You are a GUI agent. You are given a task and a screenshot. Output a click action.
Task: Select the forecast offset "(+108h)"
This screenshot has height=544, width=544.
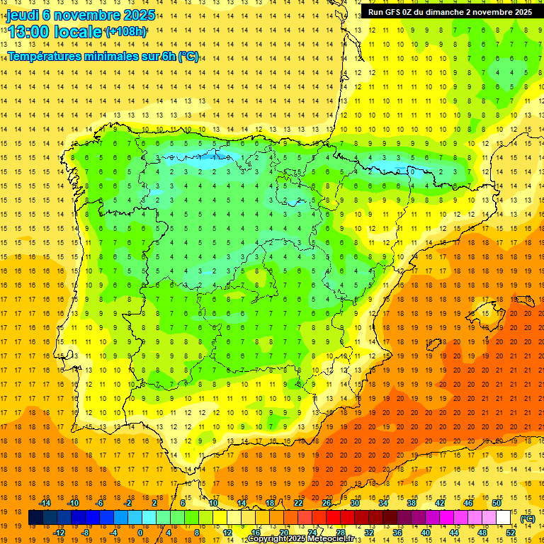pyautogui.click(x=125, y=32)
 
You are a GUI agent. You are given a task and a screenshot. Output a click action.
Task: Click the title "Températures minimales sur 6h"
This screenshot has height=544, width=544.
pyautogui.click(x=92, y=57)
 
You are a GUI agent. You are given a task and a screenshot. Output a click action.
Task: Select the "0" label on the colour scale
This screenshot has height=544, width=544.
pyautogui.click(x=140, y=533)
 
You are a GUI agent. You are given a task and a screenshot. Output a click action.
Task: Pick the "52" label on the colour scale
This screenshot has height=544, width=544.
pyautogui.click(x=511, y=533)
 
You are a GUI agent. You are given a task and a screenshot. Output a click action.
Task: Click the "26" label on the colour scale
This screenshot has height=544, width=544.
pyautogui.click(x=327, y=503)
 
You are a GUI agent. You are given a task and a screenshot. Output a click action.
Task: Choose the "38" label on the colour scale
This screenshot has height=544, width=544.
pyautogui.click(x=412, y=503)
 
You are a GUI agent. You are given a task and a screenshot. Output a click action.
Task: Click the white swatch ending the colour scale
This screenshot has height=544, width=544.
pyautogui.click(x=504, y=518)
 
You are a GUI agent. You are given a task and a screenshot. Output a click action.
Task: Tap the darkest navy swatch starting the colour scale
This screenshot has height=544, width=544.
pyautogui.click(x=35, y=518)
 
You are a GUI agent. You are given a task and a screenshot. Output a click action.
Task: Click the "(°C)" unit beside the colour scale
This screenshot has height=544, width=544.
pyautogui.click(x=528, y=518)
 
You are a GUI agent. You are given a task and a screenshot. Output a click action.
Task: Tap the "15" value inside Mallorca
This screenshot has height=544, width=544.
pyautogui.click(x=484, y=313)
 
